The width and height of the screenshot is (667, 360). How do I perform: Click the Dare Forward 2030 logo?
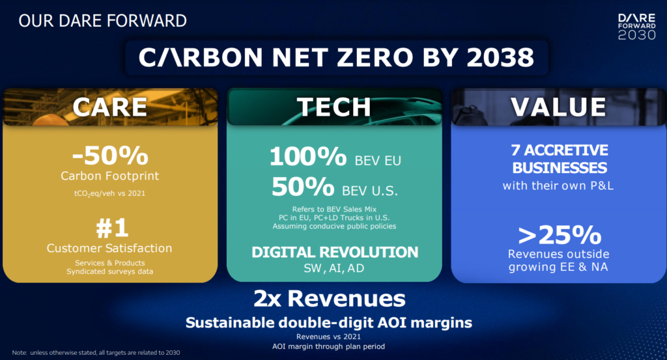[637, 27]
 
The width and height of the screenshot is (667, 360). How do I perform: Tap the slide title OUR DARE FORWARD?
[102, 21]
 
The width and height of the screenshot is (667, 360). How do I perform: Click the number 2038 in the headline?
[500, 57]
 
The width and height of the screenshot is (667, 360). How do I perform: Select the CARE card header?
[110, 107]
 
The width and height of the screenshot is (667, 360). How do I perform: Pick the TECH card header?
[334, 107]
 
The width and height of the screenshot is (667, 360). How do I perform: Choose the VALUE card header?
[558, 107]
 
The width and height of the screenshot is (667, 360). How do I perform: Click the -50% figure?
[110, 156]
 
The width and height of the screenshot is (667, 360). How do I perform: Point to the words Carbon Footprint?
[109, 176]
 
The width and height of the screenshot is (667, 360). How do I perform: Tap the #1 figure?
[112, 228]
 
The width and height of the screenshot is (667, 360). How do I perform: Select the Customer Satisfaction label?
[109, 248]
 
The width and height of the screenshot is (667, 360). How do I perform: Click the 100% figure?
[308, 156]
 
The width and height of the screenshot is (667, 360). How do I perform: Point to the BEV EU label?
[378, 161]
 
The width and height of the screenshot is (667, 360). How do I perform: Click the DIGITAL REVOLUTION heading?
[335, 253]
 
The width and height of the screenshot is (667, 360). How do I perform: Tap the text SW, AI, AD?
[334, 268]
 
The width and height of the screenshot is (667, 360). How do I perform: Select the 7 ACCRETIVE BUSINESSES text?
[560, 159]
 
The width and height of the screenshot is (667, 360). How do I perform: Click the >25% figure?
[560, 235]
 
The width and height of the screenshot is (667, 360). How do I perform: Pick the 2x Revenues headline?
[330, 298]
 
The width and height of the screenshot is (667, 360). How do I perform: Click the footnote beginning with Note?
[96, 352]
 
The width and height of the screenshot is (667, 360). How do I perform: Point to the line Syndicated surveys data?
[109, 271]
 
